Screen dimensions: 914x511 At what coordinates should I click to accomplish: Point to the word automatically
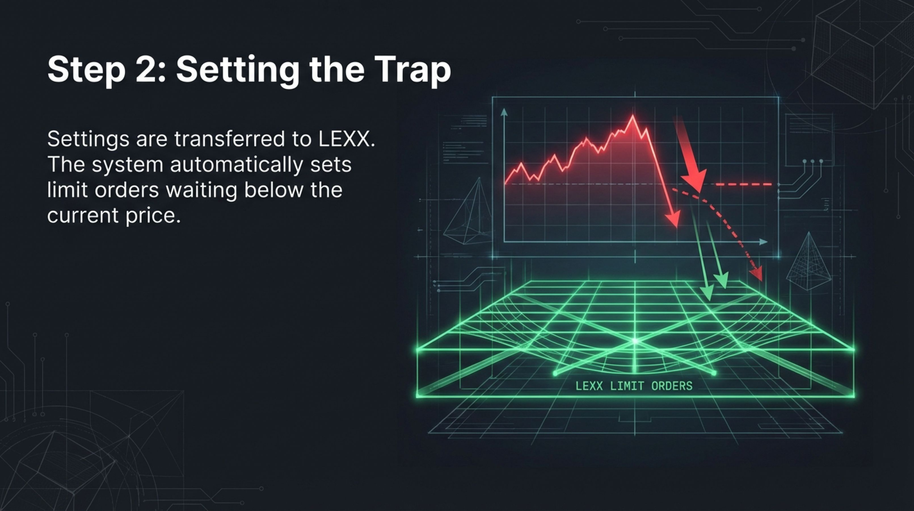(x=236, y=166)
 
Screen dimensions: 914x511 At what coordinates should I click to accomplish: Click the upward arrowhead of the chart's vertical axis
(x=504, y=113)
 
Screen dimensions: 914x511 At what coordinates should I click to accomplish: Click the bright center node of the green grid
(x=635, y=341)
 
